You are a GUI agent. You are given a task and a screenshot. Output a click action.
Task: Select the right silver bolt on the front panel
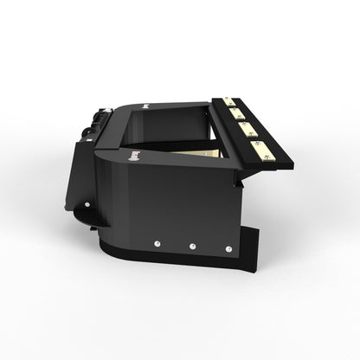[228, 250]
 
